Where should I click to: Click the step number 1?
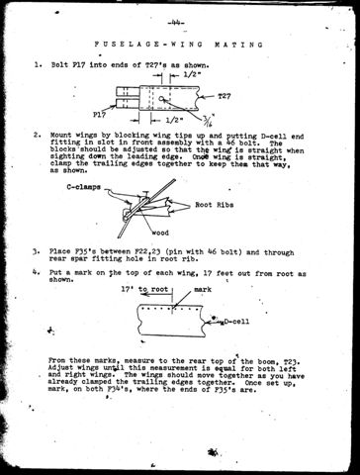point(37,67)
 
